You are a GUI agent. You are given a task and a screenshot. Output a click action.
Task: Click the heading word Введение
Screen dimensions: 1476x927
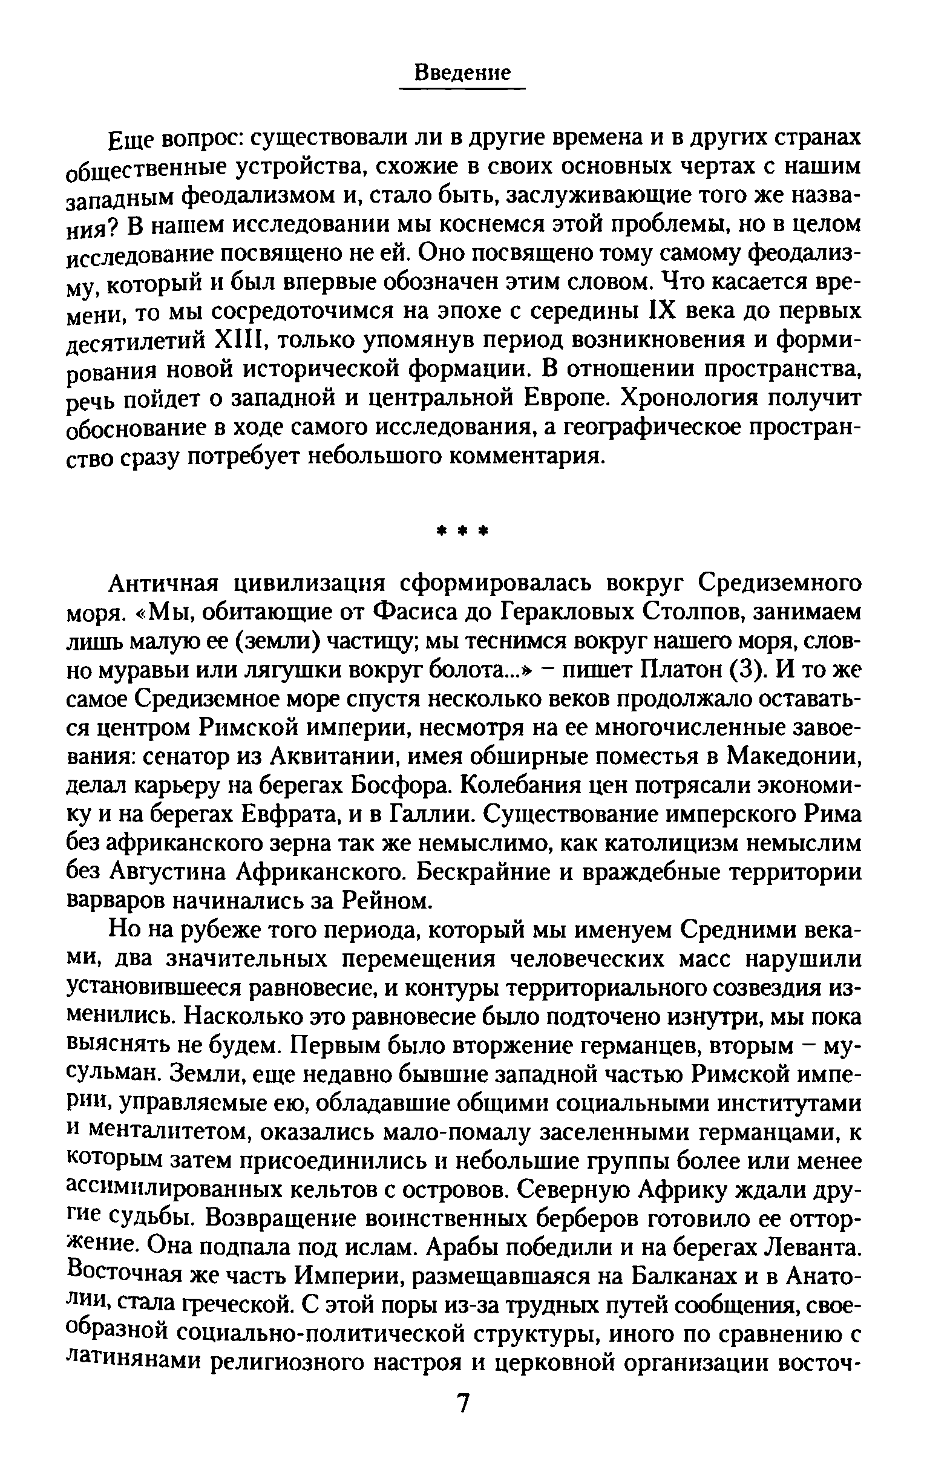[x=462, y=73]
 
